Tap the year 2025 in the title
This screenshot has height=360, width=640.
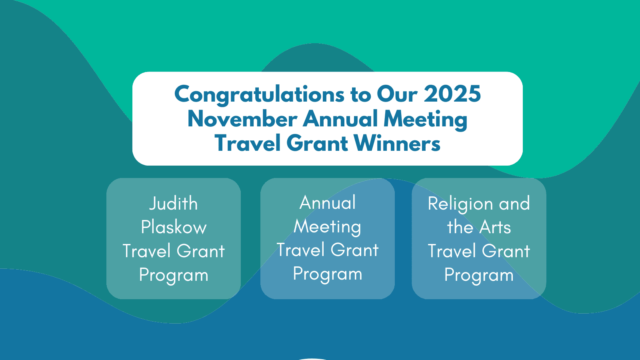[x=452, y=94]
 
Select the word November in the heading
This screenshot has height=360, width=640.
[x=242, y=118]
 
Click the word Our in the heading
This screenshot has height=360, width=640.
[x=398, y=94]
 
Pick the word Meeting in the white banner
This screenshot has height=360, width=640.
[x=426, y=120]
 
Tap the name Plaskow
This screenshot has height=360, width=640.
[x=174, y=227]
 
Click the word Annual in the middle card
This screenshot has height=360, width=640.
[x=328, y=202]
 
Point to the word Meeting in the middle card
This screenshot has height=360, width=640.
[x=328, y=228]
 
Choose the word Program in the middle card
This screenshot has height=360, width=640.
[x=328, y=275]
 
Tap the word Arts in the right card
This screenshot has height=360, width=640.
[x=495, y=228]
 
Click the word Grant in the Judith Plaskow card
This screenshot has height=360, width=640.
[x=200, y=251]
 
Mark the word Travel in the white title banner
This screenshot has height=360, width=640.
[x=248, y=143]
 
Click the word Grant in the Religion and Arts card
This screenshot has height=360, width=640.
[x=506, y=251]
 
